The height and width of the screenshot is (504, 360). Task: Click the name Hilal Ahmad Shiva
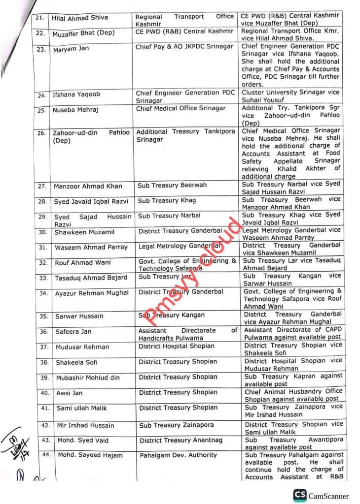click(80, 18)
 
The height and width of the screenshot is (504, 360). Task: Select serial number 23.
click(42, 49)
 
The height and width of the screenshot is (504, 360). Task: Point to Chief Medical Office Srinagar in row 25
click(180, 108)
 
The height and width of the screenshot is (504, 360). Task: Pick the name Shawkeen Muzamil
click(81, 232)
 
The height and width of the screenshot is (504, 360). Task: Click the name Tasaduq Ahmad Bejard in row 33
click(91, 278)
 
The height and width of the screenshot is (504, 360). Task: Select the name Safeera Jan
click(72, 332)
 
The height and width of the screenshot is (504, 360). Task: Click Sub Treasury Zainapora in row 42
click(177, 425)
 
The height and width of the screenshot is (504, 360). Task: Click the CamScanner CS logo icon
click(299, 495)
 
